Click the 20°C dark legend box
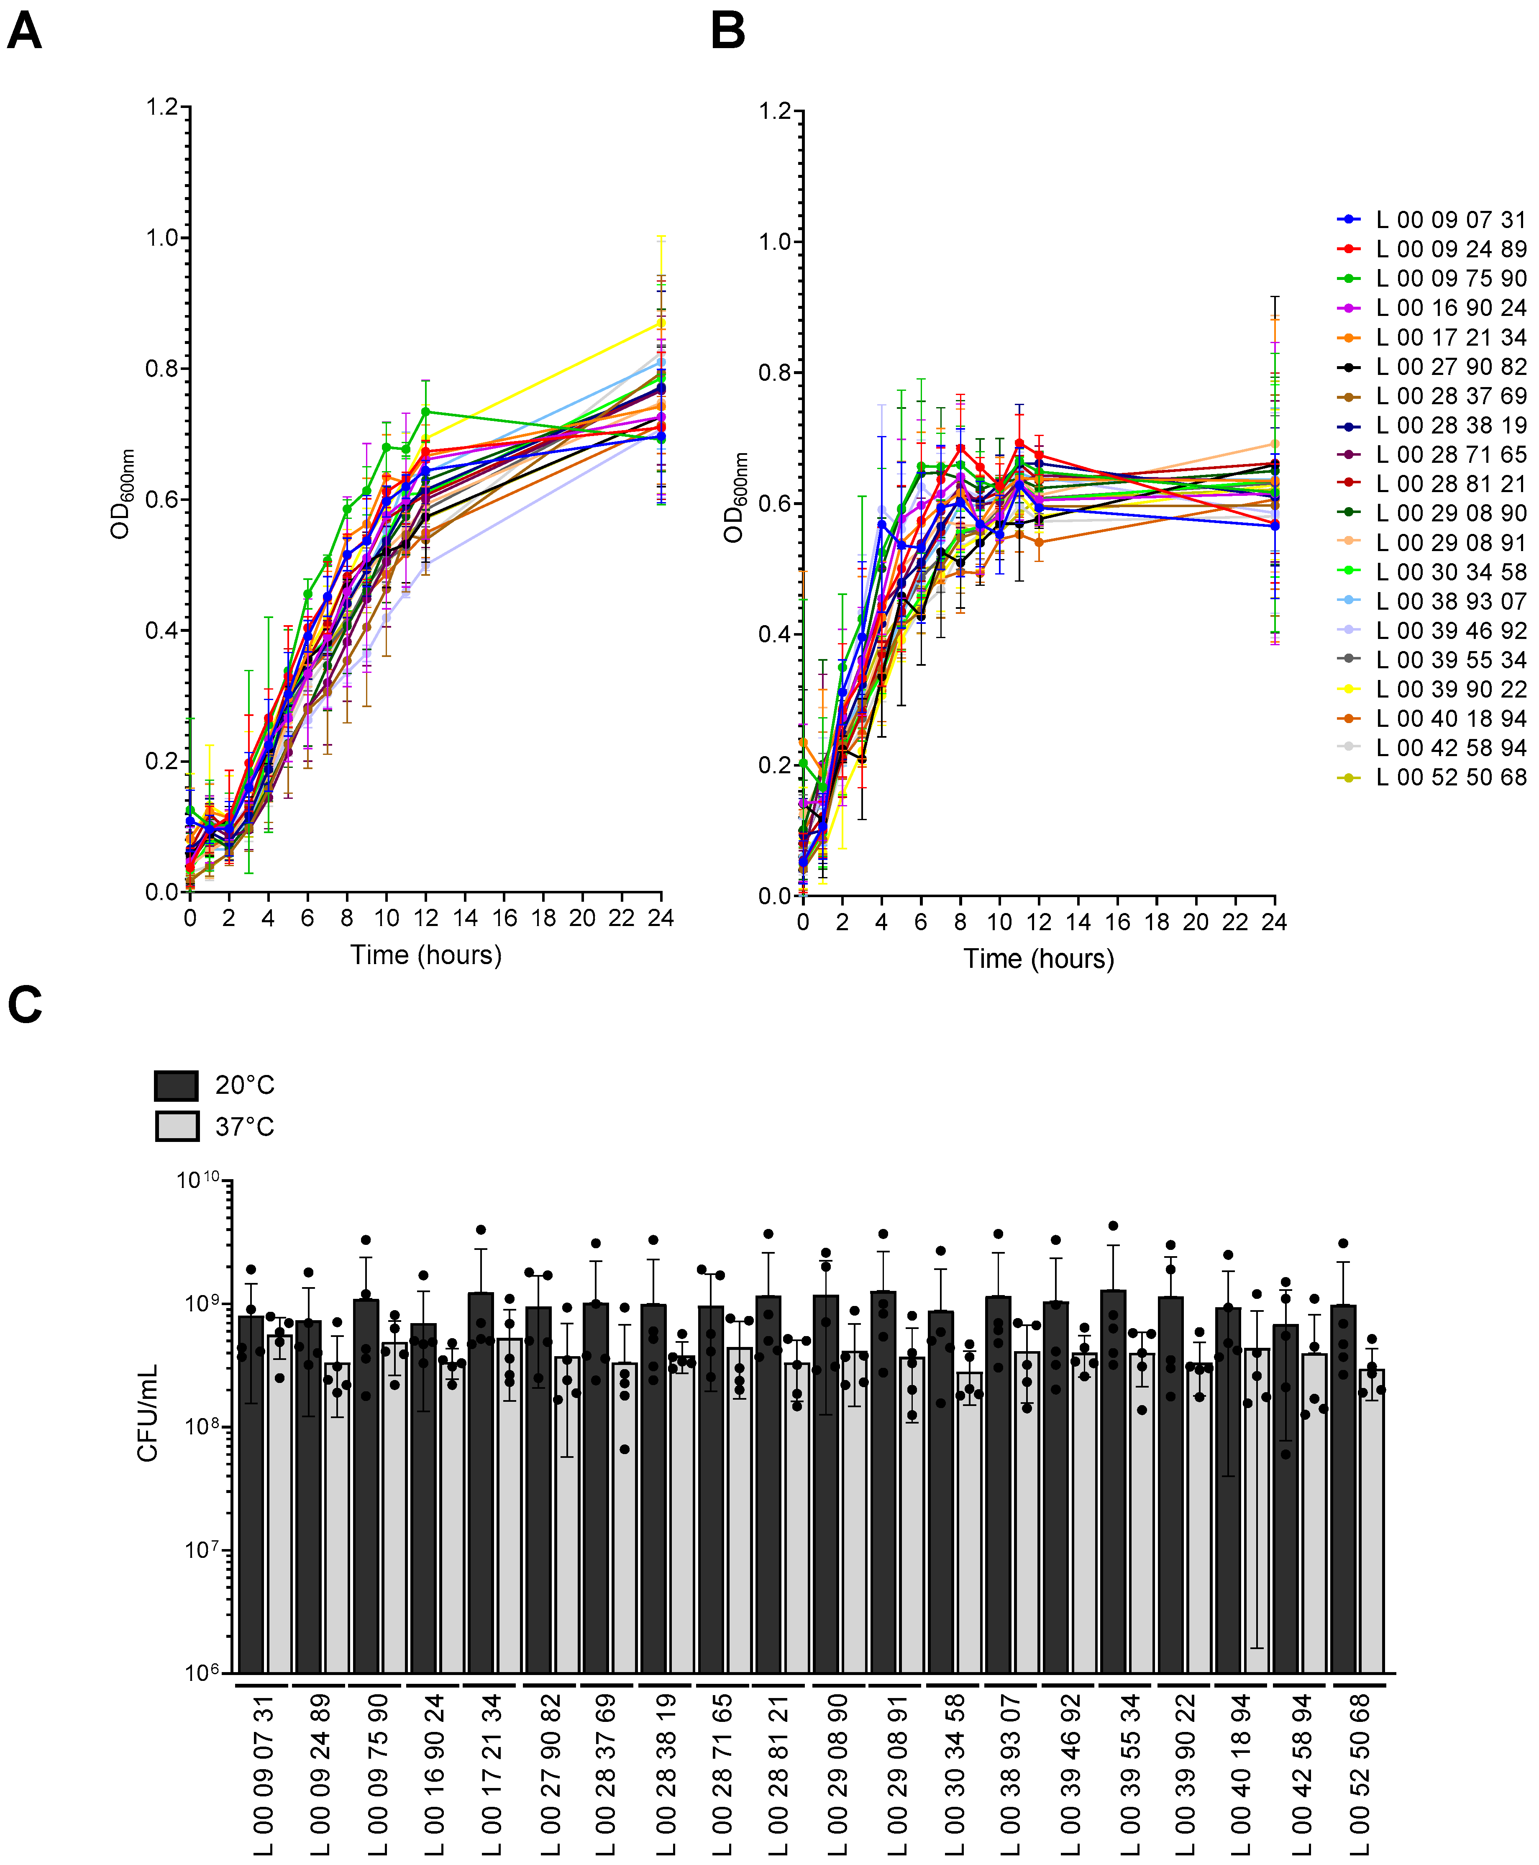point(177,1085)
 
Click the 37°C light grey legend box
point(177,1126)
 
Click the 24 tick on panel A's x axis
point(661,918)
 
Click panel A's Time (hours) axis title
point(425,955)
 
